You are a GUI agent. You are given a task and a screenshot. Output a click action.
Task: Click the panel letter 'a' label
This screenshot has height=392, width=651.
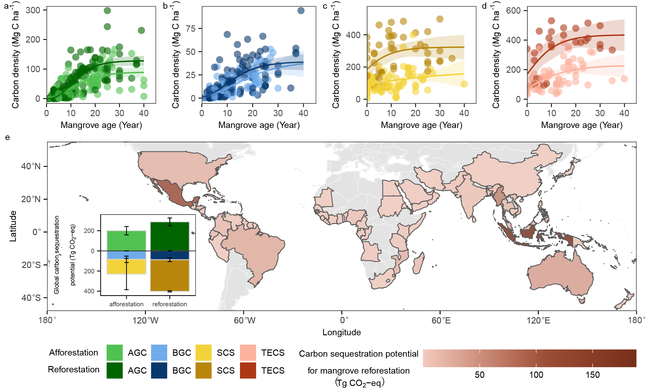coord(7,6)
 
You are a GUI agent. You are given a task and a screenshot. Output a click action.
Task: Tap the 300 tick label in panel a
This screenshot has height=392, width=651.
coord(33,11)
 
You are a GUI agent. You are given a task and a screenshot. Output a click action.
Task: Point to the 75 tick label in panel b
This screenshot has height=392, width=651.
coord(191,29)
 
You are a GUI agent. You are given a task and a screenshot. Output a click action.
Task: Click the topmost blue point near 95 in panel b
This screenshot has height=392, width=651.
coord(301,11)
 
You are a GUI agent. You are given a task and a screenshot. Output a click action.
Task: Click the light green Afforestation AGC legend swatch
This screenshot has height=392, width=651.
coord(115,352)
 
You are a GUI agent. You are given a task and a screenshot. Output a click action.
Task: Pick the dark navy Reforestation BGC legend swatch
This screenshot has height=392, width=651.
coord(159,370)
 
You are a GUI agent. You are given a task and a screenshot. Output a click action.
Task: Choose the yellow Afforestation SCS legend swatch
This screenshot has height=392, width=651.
coord(203,352)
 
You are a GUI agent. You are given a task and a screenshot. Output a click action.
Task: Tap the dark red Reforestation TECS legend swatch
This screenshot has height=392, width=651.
coord(248,370)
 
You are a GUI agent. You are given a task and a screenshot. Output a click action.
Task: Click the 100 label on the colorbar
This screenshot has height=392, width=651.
coord(536,375)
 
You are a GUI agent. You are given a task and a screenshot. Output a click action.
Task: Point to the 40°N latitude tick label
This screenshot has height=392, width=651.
coord(31,166)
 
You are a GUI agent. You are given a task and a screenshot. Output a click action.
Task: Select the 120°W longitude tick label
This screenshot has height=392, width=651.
coord(145,320)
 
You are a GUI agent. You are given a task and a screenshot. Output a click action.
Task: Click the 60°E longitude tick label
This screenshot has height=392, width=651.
coord(441,320)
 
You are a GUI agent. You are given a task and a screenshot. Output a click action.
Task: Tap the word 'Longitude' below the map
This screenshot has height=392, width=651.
coord(341,332)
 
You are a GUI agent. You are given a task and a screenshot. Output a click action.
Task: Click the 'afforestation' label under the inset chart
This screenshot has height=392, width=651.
coord(126,304)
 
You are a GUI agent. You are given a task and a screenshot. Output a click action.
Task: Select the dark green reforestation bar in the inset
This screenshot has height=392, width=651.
coord(170,236)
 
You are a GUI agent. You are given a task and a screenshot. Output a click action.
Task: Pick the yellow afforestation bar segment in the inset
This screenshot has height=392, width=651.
coord(126,266)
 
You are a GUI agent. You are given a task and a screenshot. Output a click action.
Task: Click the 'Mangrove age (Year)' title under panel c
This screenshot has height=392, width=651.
coord(421,125)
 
